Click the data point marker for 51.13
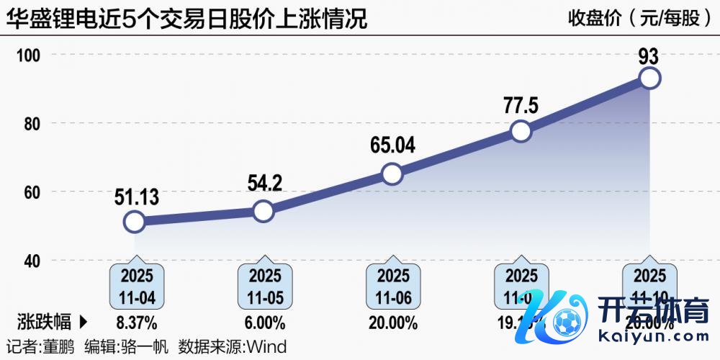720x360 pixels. (x=135, y=221)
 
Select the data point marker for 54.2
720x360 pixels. (x=264, y=211)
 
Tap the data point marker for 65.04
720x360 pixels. (x=392, y=174)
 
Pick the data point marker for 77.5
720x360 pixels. (x=521, y=131)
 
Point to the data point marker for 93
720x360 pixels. (x=649, y=78)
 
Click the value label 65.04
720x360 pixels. (x=392, y=146)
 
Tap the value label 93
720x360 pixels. (x=649, y=56)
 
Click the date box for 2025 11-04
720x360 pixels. (x=136, y=286)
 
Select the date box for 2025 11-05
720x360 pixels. (x=265, y=286)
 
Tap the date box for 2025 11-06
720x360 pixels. (x=393, y=286)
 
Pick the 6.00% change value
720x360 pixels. (x=265, y=321)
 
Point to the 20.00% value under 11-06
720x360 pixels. (x=393, y=321)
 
